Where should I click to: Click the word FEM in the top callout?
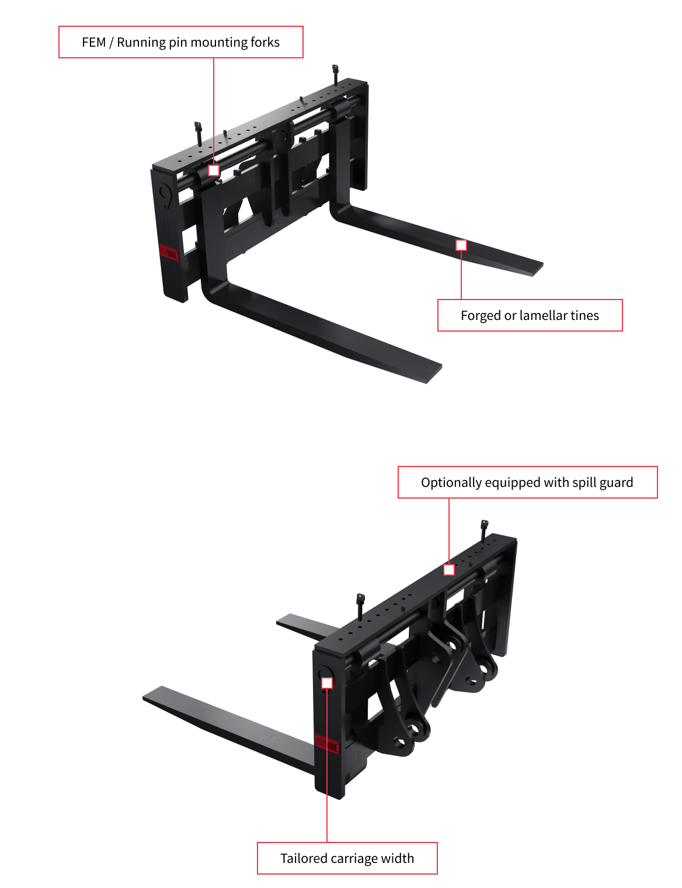[x=93, y=43]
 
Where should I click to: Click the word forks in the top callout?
[x=265, y=43]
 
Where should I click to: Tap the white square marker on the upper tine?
[x=461, y=245]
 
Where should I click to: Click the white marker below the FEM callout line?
[x=214, y=170]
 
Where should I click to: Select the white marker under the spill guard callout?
[x=449, y=570]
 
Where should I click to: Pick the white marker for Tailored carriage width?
[x=327, y=683]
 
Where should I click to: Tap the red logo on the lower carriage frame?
[x=328, y=744]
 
